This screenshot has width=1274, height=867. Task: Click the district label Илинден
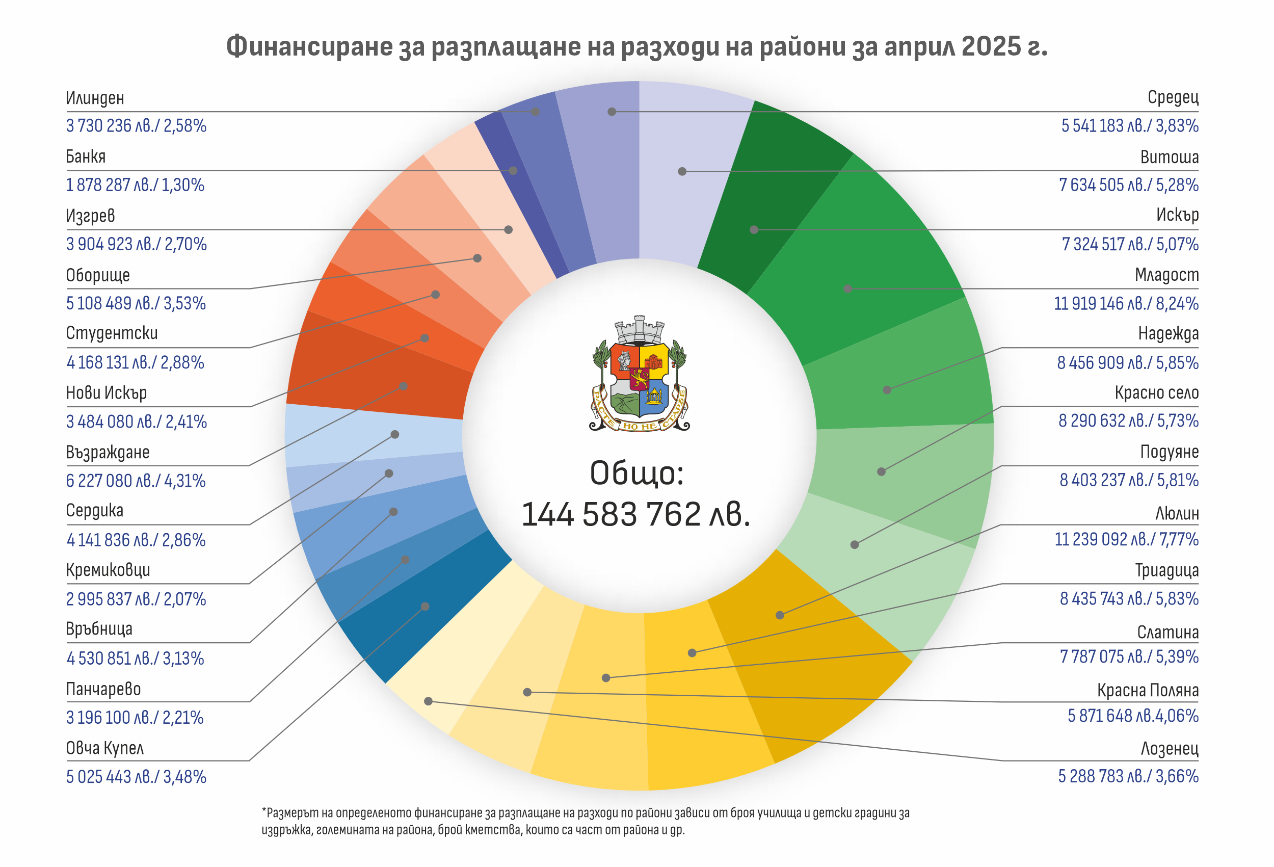(x=95, y=98)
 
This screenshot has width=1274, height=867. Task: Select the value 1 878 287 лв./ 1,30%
(x=135, y=185)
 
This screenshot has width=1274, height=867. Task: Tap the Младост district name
(x=1166, y=275)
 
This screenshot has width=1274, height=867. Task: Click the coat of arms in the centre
(x=639, y=375)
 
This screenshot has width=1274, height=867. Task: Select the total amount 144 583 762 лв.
(x=635, y=514)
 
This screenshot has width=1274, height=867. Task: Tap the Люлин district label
(x=1177, y=513)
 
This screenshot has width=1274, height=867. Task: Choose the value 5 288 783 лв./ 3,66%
(x=1128, y=776)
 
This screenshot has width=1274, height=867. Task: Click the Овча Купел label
(x=104, y=748)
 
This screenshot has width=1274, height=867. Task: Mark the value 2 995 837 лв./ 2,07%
(x=136, y=599)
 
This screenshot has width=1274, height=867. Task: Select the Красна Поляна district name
(x=1148, y=690)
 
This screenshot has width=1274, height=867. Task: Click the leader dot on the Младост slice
(x=847, y=288)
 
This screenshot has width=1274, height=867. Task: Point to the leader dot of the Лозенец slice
(x=428, y=701)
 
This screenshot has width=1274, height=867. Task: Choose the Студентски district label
(x=112, y=333)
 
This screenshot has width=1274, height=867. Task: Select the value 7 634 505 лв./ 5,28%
(x=1128, y=185)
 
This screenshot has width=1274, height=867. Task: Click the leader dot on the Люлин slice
(x=780, y=615)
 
